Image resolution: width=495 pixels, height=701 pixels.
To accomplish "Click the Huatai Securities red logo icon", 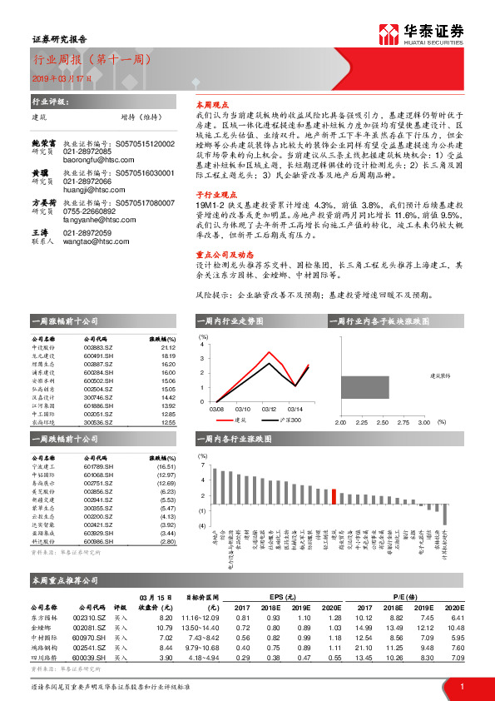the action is [x=389, y=34].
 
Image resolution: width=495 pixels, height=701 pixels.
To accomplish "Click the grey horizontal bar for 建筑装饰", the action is [x=364, y=387].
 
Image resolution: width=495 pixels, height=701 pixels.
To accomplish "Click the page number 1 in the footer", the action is [x=461, y=687].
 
